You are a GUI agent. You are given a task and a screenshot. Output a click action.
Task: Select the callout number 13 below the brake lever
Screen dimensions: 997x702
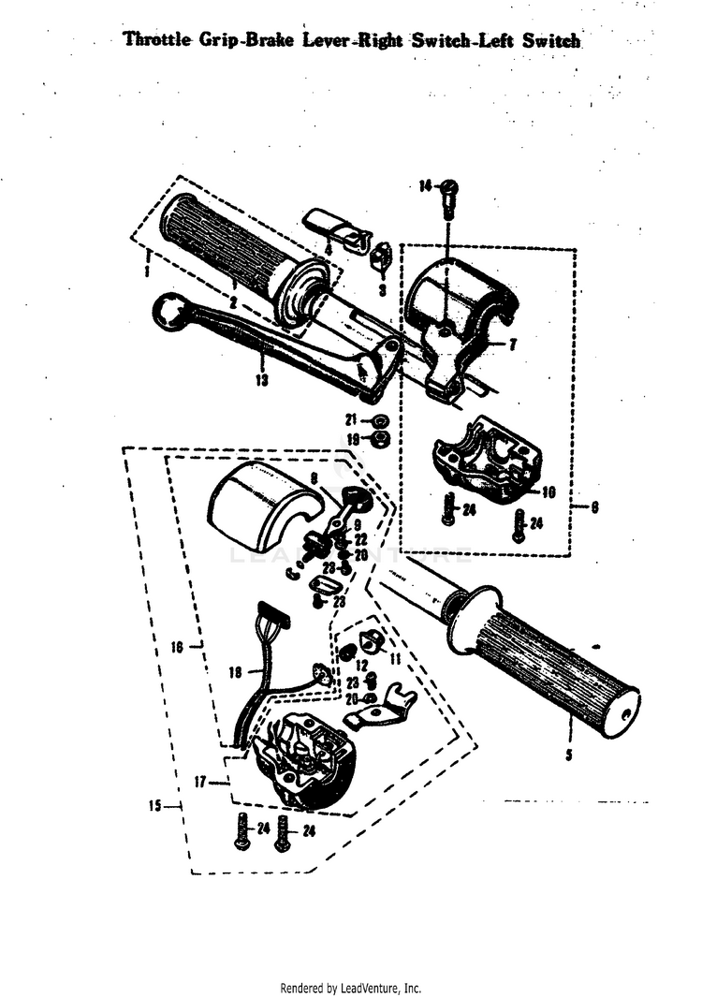[x=260, y=380]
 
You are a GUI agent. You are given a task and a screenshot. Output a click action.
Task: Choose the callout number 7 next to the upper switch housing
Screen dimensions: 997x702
[x=512, y=345]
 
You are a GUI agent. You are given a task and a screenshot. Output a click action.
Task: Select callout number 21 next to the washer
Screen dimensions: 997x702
[x=352, y=419]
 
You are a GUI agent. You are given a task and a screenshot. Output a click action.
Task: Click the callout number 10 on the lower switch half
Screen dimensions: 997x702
[x=548, y=491]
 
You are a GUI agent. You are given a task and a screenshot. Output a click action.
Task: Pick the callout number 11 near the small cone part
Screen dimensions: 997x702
[x=394, y=659]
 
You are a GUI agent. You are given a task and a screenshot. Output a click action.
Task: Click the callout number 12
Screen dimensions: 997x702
[x=362, y=665]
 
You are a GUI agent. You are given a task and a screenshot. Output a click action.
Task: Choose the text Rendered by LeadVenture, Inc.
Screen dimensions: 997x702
[x=351, y=988]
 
